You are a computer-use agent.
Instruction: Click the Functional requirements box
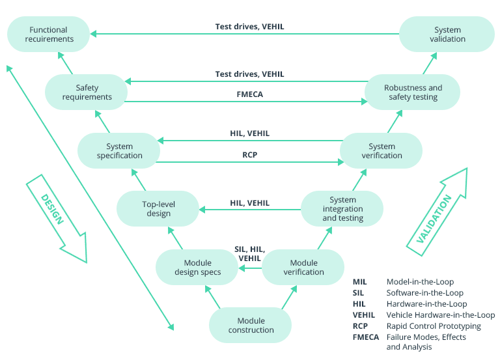[48, 35]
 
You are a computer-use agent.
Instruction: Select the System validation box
[447, 35]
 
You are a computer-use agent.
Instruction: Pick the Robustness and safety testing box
[412, 92]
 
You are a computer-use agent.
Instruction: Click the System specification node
[119, 150]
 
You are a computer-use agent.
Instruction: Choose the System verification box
[381, 150]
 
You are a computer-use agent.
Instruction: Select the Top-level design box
[158, 208]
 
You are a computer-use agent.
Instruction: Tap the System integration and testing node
[342, 208]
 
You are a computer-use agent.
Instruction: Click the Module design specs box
[197, 267]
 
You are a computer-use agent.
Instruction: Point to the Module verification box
[303, 267]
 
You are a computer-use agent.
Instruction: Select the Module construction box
[251, 325]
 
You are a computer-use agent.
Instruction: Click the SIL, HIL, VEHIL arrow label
[249, 254]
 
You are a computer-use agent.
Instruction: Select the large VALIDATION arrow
[437, 208]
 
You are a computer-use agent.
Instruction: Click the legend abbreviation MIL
[360, 282]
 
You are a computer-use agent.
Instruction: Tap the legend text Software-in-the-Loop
[425, 293]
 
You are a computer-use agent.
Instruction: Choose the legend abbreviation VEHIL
[365, 315]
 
